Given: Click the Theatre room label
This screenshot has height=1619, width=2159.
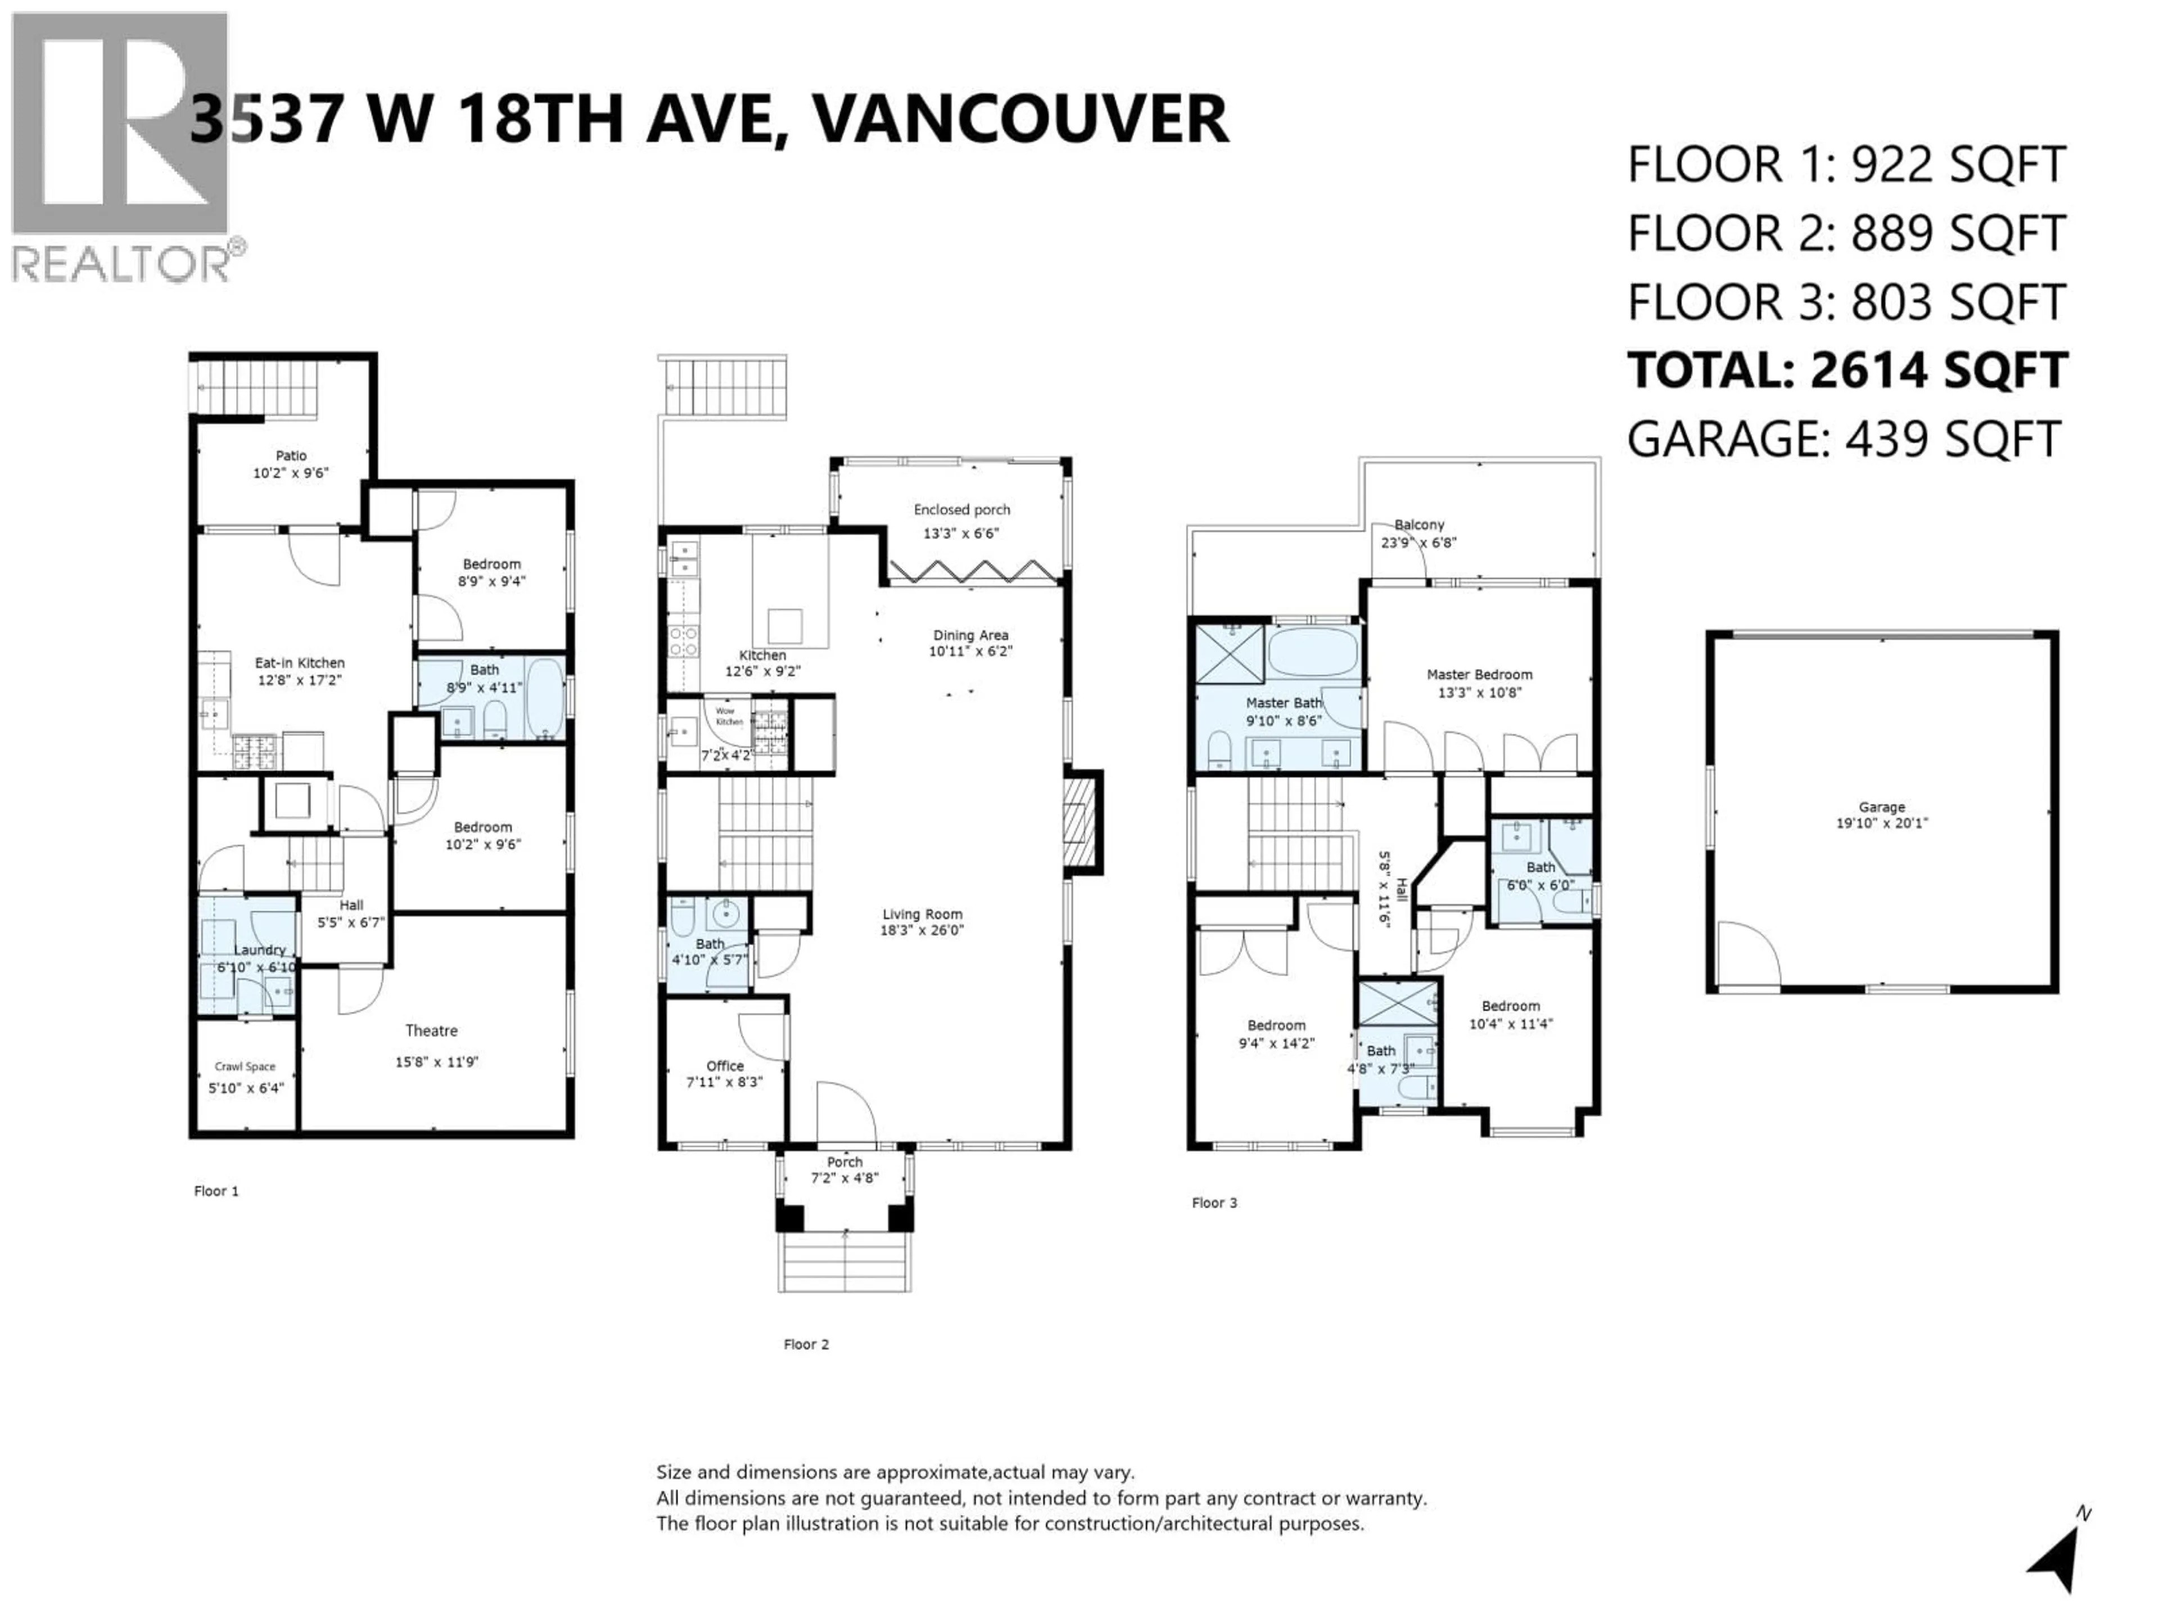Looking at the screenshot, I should tap(431, 1030).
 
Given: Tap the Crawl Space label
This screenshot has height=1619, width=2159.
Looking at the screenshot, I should tap(245, 1066).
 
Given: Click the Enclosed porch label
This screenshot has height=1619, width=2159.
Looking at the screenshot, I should tap(961, 509).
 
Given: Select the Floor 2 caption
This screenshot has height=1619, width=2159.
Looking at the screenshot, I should tap(806, 1344).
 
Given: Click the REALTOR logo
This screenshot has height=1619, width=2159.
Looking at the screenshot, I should tap(122, 146).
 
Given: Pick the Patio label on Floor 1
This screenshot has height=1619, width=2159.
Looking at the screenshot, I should tap(291, 456).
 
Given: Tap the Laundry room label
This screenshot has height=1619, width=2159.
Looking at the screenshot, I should tap(260, 949).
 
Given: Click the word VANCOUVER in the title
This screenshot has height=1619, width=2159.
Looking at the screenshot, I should tap(1020, 119).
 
